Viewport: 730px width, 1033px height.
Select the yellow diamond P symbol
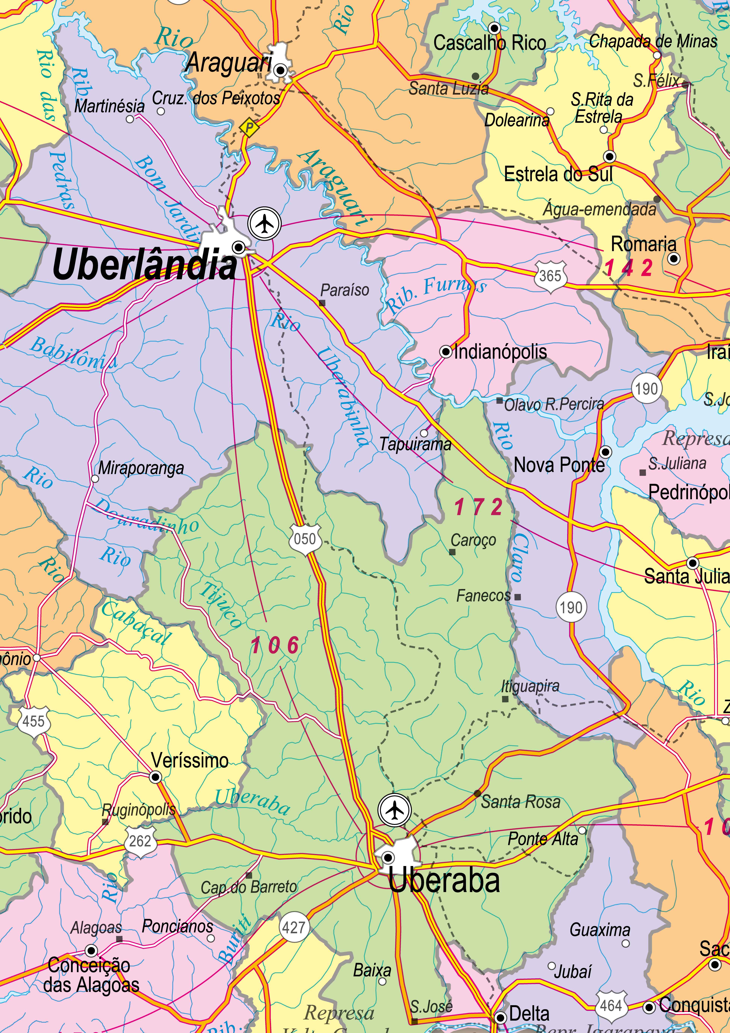(249, 127)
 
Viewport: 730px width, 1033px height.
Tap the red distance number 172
(478, 507)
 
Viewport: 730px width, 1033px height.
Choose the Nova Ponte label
(559, 465)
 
